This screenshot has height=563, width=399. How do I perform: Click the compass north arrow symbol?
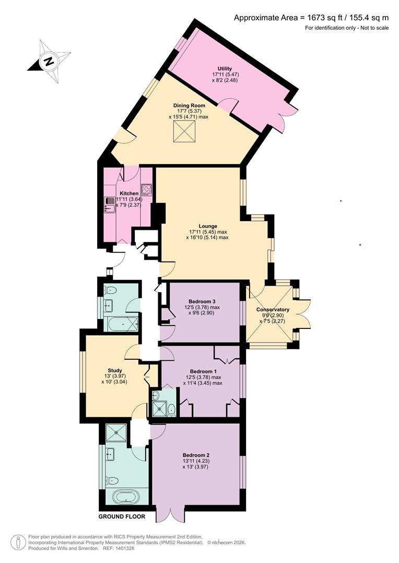49,61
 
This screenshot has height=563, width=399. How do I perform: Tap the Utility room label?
225,69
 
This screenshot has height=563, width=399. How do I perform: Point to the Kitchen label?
129,193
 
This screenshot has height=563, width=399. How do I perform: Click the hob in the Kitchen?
146,189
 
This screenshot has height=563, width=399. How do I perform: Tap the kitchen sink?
110,209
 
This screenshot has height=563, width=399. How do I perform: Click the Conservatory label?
273,310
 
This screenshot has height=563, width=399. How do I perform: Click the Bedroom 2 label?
195,455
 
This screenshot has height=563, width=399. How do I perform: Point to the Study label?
114,370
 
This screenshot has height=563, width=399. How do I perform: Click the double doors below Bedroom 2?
170,513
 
